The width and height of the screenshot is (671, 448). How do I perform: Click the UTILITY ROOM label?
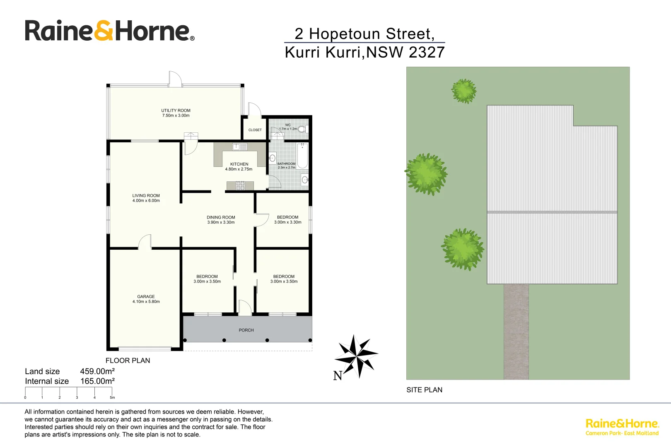[176, 111]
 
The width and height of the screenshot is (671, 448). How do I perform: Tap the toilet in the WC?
[302, 129]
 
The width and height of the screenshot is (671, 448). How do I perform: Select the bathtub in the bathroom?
[302, 156]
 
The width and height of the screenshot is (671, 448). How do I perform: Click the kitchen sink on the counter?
[239, 146]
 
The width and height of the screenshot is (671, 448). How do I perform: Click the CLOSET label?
[255, 130]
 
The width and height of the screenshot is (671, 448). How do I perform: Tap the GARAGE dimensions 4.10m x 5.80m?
[146, 302]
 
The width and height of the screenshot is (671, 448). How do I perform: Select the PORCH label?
[246, 330]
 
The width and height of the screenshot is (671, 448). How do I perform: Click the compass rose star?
[356, 356]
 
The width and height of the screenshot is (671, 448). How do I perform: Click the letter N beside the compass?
[338, 375]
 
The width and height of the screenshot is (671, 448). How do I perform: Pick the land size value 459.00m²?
[97, 371]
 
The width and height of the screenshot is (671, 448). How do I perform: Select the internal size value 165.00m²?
[97, 381]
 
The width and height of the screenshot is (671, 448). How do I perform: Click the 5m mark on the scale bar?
[112, 397]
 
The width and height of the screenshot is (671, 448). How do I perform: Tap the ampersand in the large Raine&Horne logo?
[104, 31]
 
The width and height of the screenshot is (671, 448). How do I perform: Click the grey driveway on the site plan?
[516, 332]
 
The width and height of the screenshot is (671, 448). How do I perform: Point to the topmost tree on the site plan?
[463, 91]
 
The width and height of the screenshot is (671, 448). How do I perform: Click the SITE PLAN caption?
[424, 390]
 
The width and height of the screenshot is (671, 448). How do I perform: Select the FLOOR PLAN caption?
[128, 360]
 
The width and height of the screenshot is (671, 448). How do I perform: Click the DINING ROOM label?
[221, 217]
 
